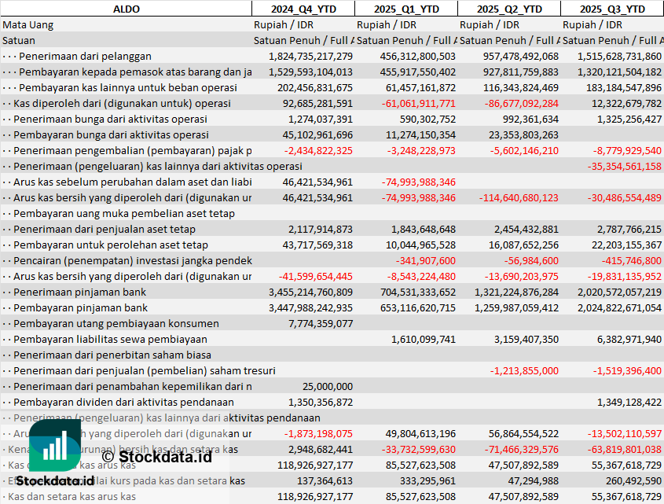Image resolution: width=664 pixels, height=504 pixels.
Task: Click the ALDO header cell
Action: coord(126,9)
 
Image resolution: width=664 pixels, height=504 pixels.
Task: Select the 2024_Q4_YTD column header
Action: coord(303,9)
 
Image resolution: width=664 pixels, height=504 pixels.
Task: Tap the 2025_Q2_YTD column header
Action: coord(509,9)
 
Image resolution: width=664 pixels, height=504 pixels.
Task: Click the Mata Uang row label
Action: coord(28,24)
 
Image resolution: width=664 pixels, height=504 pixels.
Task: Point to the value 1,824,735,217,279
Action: coord(310,56)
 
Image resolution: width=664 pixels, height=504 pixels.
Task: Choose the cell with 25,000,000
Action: coord(328,386)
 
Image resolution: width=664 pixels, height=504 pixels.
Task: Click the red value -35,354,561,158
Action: coord(620,166)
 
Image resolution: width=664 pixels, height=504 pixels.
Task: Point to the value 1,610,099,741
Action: coord(423,339)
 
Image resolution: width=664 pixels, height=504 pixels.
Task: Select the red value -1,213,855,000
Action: coord(524,370)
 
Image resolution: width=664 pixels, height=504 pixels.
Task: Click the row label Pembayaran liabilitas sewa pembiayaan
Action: coord(110,339)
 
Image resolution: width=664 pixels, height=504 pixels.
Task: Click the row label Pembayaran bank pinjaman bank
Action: coord(80,307)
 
